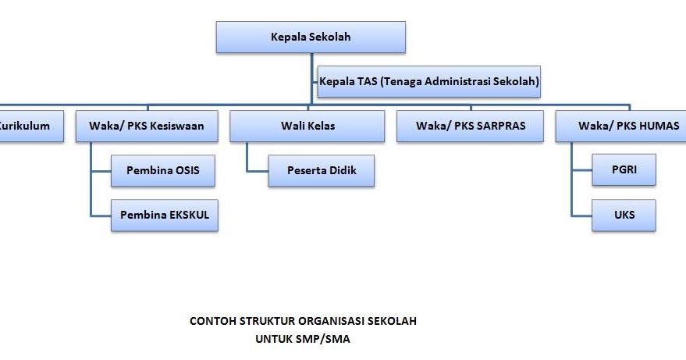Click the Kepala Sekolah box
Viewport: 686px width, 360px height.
pyautogui.click(x=311, y=37)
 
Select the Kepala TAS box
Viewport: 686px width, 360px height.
pyautogui.click(x=429, y=80)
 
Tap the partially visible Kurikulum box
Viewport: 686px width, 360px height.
pyautogui.click(x=30, y=126)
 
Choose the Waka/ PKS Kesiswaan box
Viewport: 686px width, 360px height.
pyautogui.click(x=146, y=126)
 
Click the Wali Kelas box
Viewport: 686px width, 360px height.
pyautogui.click(x=307, y=126)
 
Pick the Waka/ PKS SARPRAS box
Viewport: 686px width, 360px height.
pyautogui.click(x=470, y=126)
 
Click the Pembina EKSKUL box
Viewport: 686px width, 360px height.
pyautogui.click(x=165, y=214)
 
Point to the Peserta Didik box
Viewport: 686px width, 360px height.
pyautogui.click(x=321, y=170)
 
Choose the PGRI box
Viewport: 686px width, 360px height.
pyautogui.click(x=624, y=170)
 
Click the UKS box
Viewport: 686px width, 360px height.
pyautogui.click(x=624, y=214)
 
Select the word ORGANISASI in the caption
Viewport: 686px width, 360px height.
pyautogui.click(x=335, y=321)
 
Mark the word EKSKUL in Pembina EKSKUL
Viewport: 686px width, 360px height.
pyautogui.click(x=189, y=214)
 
